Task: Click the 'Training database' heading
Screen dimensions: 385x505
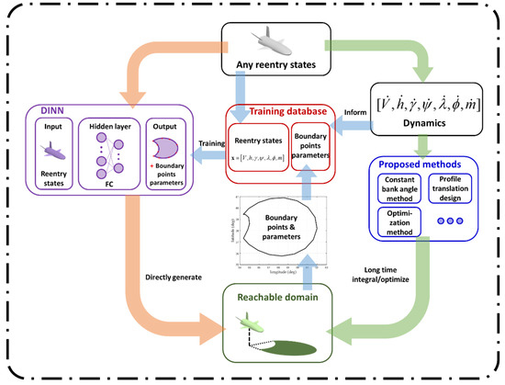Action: click(x=278, y=111)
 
